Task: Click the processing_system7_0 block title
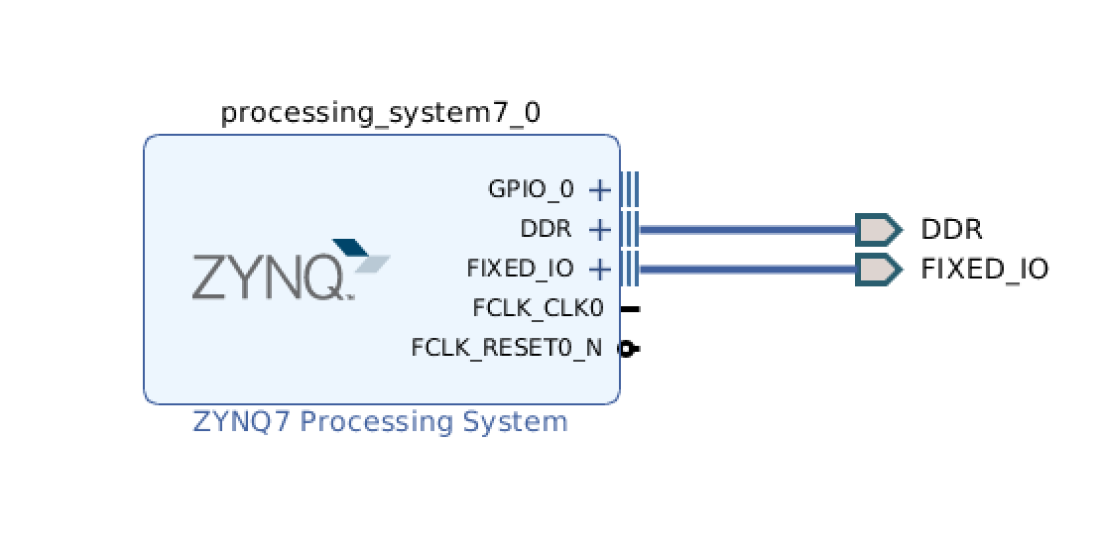coord(380,112)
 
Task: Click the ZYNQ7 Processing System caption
coord(380,422)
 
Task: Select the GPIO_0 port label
coord(531,189)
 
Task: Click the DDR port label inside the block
coord(546,229)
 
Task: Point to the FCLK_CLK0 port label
coord(538,308)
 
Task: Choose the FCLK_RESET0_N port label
coord(506,348)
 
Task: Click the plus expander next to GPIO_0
coord(599,189)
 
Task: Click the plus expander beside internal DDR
coord(599,230)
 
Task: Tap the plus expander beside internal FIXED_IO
coord(599,269)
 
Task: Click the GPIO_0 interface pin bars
coord(630,188)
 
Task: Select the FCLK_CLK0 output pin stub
coord(630,308)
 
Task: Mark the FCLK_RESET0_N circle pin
coord(627,348)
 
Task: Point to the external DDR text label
coord(951,230)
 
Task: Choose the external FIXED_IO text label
coord(984,269)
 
